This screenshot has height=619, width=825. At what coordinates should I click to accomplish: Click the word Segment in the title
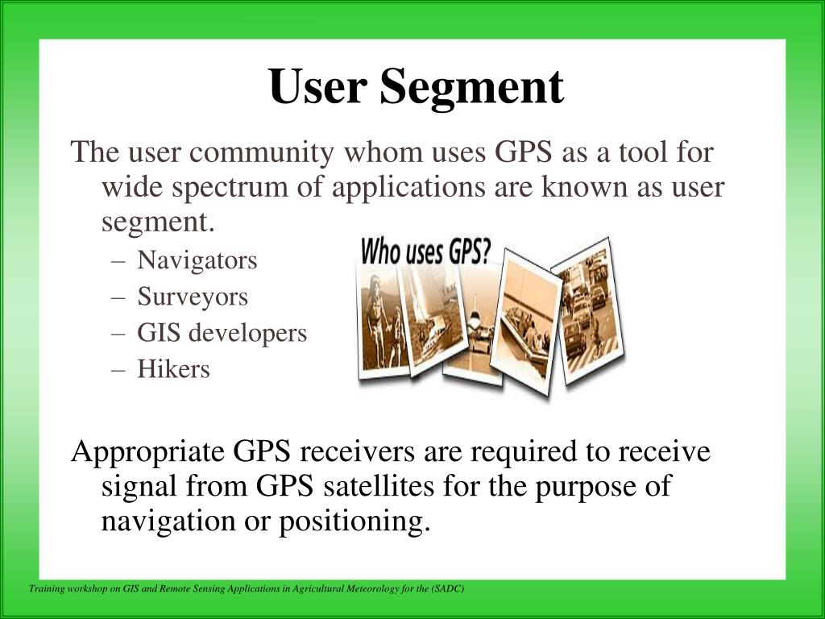click(x=472, y=88)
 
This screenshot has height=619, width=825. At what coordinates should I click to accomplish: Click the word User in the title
click(x=317, y=88)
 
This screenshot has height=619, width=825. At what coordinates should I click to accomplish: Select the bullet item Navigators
click(x=197, y=260)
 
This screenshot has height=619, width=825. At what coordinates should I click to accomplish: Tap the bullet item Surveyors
click(x=193, y=297)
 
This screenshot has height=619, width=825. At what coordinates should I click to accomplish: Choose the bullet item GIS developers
click(x=222, y=333)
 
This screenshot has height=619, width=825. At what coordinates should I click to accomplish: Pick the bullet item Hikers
click(x=173, y=369)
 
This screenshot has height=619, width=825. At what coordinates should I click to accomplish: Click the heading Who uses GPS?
click(x=425, y=252)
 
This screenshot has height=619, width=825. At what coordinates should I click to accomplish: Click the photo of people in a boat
click(x=528, y=322)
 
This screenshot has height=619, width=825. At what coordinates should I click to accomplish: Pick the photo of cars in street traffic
click(x=589, y=314)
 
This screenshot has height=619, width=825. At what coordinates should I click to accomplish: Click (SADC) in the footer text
click(x=447, y=589)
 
